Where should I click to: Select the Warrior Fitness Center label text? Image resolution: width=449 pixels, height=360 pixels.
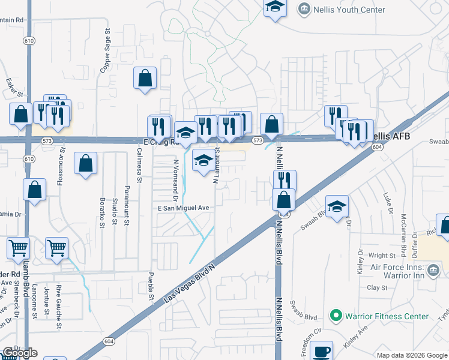pyautogui.click(x=387, y=316)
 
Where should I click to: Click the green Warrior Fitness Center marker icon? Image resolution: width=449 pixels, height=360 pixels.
pyautogui.click(x=336, y=316)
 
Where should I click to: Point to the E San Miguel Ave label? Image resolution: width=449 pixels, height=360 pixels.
pyautogui.click(x=183, y=208)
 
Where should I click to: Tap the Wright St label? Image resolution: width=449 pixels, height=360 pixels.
pyautogui.click(x=382, y=256)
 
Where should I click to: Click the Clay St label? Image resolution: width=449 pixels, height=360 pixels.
pyautogui.click(x=377, y=288)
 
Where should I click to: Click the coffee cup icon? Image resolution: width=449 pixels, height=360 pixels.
pyautogui.click(x=321, y=351)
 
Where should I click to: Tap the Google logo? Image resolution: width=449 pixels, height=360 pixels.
pyautogui.click(x=20, y=352)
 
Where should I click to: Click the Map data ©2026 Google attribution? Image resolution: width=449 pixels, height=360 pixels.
pyautogui.click(x=412, y=355)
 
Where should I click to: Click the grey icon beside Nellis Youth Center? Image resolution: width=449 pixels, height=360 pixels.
pyautogui.click(x=304, y=9)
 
